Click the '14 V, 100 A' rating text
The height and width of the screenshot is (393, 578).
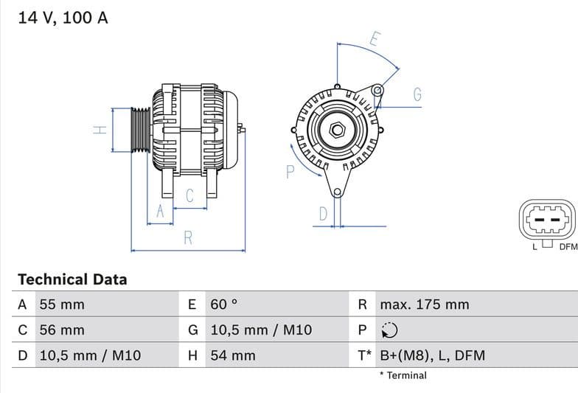(x=63, y=18)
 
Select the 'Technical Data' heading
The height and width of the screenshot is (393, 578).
(x=72, y=279)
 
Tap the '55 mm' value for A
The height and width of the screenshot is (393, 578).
(x=62, y=305)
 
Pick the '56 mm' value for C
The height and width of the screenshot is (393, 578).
(x=62, y=330)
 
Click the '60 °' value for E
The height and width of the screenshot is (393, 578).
(x=224, y=305)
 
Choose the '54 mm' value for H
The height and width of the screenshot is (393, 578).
(x=233, y=355)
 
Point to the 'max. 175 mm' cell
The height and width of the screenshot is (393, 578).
(x=424, y=305)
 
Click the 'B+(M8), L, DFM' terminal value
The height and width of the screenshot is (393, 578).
(x=432, y=355)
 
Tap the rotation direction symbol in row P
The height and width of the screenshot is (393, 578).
(x=389, y=330)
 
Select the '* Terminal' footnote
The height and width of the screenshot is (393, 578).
(x=403, y=375)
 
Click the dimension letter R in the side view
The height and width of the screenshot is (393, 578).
(x=188, y=238)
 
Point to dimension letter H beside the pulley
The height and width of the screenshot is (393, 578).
(x=100, y=131)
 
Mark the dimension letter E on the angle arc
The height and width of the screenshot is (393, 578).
(x=375, y=40)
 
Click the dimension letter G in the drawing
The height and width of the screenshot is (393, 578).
(x=417, y=94)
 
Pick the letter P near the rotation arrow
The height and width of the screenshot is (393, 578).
(x=290, y=172)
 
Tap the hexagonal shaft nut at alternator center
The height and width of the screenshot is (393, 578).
(x=337, y=131)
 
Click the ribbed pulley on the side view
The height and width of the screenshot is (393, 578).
(x=140, y=131)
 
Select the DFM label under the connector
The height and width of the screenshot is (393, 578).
(x=568, y=247)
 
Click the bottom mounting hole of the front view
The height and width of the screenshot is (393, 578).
(x=337, y=192)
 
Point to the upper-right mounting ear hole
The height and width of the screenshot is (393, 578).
(x=377, y=91)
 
